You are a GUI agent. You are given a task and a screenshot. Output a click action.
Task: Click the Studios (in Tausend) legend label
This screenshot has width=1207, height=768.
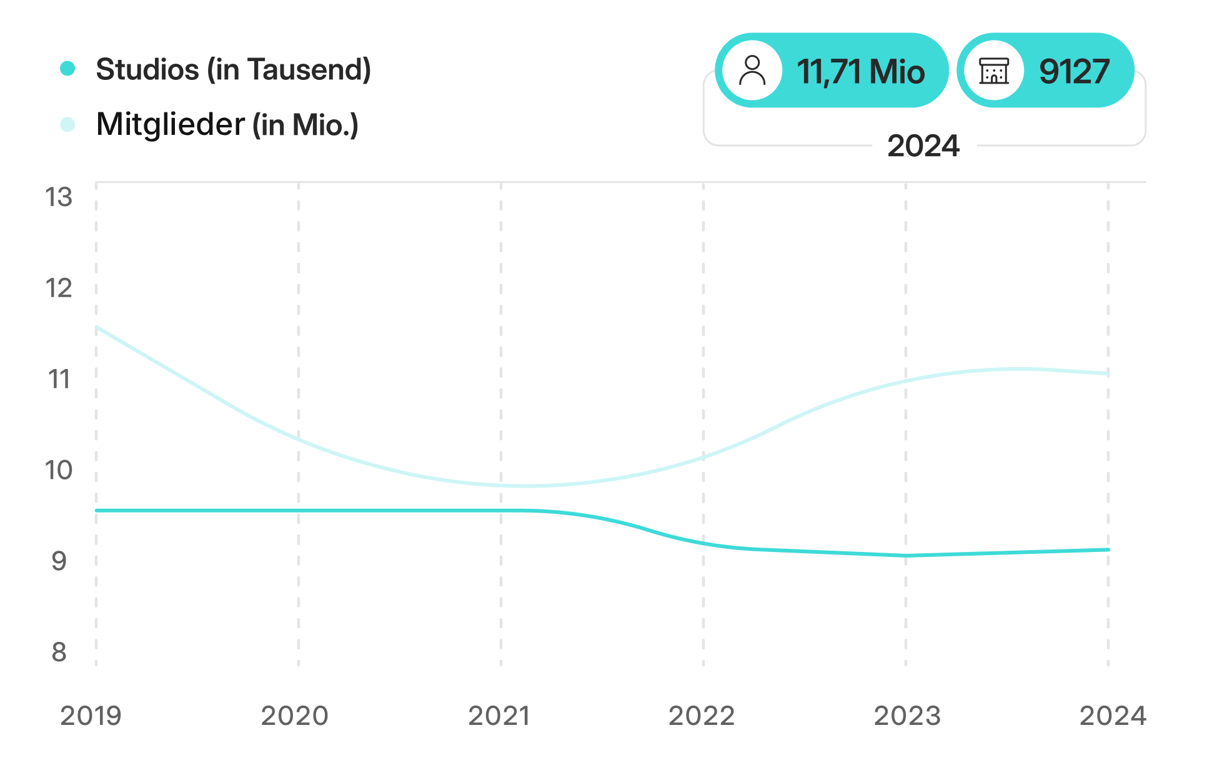click(x=233, y=69)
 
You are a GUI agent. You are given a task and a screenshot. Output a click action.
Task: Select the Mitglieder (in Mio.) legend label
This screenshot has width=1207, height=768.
click(x=227, y=124)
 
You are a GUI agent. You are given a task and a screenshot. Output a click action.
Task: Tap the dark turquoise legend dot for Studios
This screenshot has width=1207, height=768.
click(x=67, y=69)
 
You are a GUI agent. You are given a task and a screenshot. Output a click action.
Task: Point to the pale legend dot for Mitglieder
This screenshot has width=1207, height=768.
click(x=67, y=124)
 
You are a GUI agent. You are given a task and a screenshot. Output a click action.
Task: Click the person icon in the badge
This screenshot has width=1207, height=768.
click(x=752, y=70)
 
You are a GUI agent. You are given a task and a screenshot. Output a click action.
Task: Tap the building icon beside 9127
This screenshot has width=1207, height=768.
click(x=993, y=71)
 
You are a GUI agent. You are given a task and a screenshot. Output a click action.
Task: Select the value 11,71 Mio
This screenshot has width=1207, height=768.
click(x=860, y=71)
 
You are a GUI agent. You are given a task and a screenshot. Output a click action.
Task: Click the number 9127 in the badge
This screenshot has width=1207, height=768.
click(x=1074, y=71)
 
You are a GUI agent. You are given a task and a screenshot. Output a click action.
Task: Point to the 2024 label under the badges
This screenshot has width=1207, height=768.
click(x=923, y=146)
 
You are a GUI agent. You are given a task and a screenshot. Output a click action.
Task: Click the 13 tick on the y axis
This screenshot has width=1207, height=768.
click(x=59, y=197)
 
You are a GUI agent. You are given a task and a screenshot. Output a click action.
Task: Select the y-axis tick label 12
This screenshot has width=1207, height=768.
click(x=59, y=288)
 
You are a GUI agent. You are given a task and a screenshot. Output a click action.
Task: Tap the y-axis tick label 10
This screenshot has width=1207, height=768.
click(x=59, y=470)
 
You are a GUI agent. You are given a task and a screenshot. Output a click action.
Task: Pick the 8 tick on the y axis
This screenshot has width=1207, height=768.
click(x=59, y=652)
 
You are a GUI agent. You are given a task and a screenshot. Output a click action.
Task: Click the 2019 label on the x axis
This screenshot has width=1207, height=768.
click(x=91, y=716)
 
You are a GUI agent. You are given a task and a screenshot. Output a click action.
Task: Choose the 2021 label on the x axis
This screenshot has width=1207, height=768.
click(x=499, y=716)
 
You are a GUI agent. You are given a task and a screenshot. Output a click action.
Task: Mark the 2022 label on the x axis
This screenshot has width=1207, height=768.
click(x=702, y=716)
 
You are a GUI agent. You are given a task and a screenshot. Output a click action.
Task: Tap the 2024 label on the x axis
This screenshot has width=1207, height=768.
click(x=1113, y=716)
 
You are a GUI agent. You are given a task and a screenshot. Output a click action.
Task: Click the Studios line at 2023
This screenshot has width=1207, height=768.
click(x=906, y=555)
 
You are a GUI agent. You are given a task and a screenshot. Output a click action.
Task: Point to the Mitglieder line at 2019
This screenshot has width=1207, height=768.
click(x=97, y=327)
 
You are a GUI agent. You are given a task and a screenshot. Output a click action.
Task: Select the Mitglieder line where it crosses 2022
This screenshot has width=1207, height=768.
click(x=703, y=457)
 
